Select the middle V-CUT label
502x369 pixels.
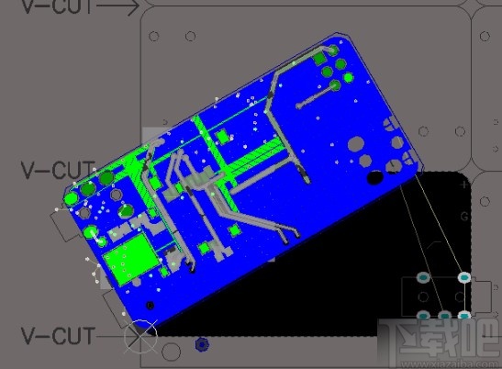coord(57,171)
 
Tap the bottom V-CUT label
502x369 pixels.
coord(57,336)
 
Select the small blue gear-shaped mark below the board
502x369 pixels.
coord(202,345)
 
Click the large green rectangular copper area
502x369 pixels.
coord(128,259)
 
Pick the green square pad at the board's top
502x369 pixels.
coord(321,58)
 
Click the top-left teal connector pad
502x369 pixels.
coord(423,277)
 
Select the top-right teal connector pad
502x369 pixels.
coord(464,277)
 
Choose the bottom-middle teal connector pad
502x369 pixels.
coord(445,316)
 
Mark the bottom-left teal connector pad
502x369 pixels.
coord(424,316)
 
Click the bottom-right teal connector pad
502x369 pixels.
coord(465,316)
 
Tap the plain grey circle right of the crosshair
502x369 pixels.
coord(171,352)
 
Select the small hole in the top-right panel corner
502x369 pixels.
coord(485,36)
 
